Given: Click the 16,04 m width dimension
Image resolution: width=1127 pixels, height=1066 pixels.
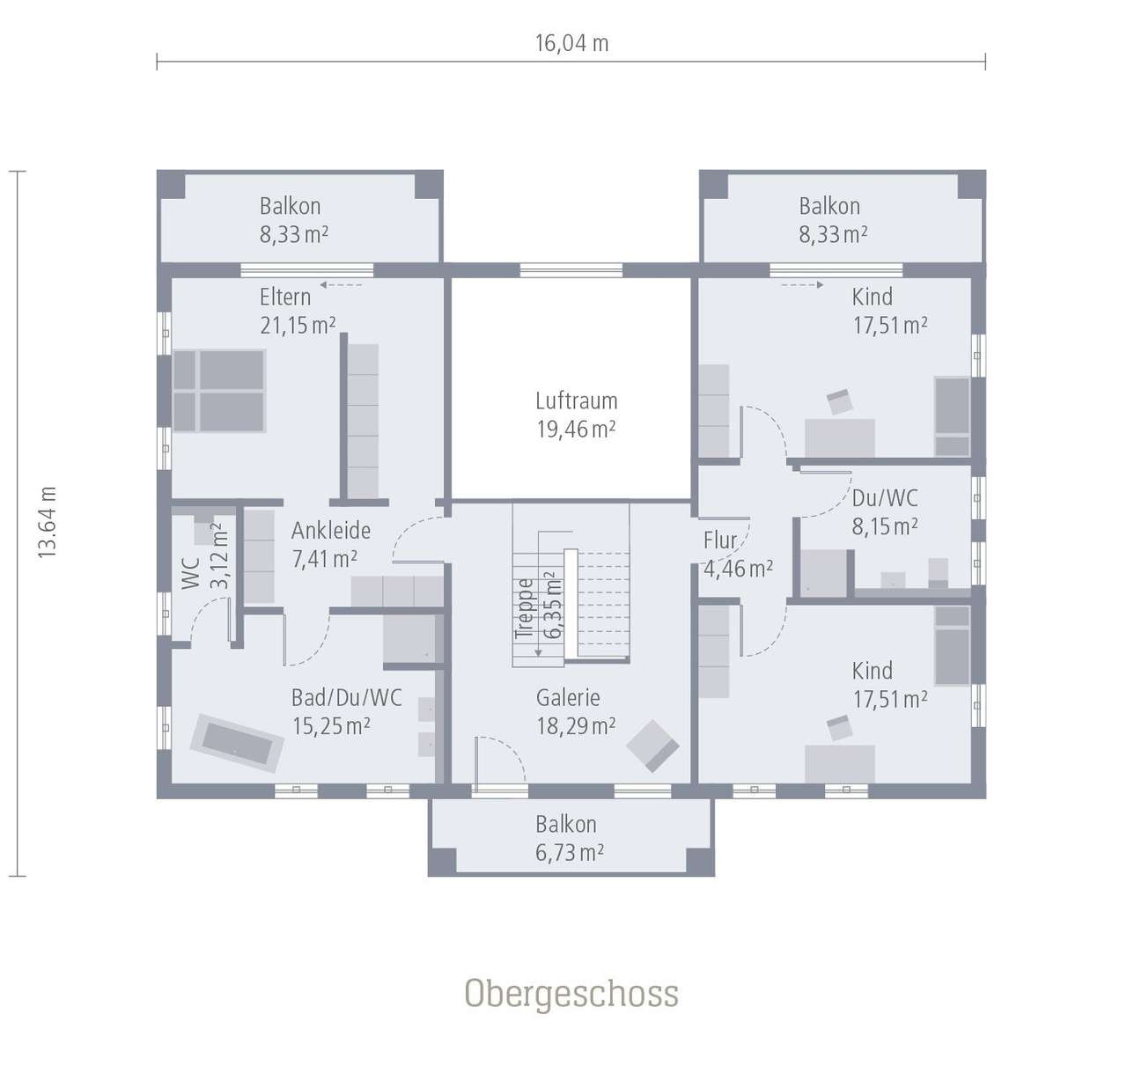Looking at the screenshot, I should [x=571, y=43].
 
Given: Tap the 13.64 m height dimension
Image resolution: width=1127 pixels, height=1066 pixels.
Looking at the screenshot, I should [x=47, y=522].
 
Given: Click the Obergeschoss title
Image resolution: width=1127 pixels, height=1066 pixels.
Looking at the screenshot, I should [x=571, y=993].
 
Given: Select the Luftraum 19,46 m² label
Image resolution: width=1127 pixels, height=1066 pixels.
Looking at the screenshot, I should [x=576, y=415].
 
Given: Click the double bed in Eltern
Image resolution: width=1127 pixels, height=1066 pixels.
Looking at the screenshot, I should [x=219, y=391].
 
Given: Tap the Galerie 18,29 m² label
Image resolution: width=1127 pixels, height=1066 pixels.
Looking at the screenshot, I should [x=575, y=711].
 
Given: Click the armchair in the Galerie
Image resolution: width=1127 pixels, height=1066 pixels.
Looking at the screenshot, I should [x=652, y=745].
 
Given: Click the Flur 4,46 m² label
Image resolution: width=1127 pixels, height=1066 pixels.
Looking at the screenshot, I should [x=737, y=555].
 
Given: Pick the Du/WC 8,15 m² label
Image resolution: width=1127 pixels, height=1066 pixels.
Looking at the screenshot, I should [x=885, y=512].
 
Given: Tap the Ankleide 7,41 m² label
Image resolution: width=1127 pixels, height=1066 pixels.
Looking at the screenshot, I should [x=329, y=544].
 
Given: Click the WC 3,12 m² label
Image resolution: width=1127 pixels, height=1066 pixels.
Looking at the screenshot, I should [x=205, y=561].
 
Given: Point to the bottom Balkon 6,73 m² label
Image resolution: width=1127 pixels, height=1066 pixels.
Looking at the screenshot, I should [x=569, y=838].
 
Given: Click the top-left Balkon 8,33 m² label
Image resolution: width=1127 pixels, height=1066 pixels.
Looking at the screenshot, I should [x=293, y=220].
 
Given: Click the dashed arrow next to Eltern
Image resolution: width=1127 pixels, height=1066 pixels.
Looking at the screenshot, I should [x=341, y=285].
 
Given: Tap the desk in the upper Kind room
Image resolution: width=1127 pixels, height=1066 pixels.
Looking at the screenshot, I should [x=839, y=437].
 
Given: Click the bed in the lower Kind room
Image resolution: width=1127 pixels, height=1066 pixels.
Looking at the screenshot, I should [x=951, y=646].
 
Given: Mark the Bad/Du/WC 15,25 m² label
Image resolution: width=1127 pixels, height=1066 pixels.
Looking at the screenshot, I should [x=345, y=711].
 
